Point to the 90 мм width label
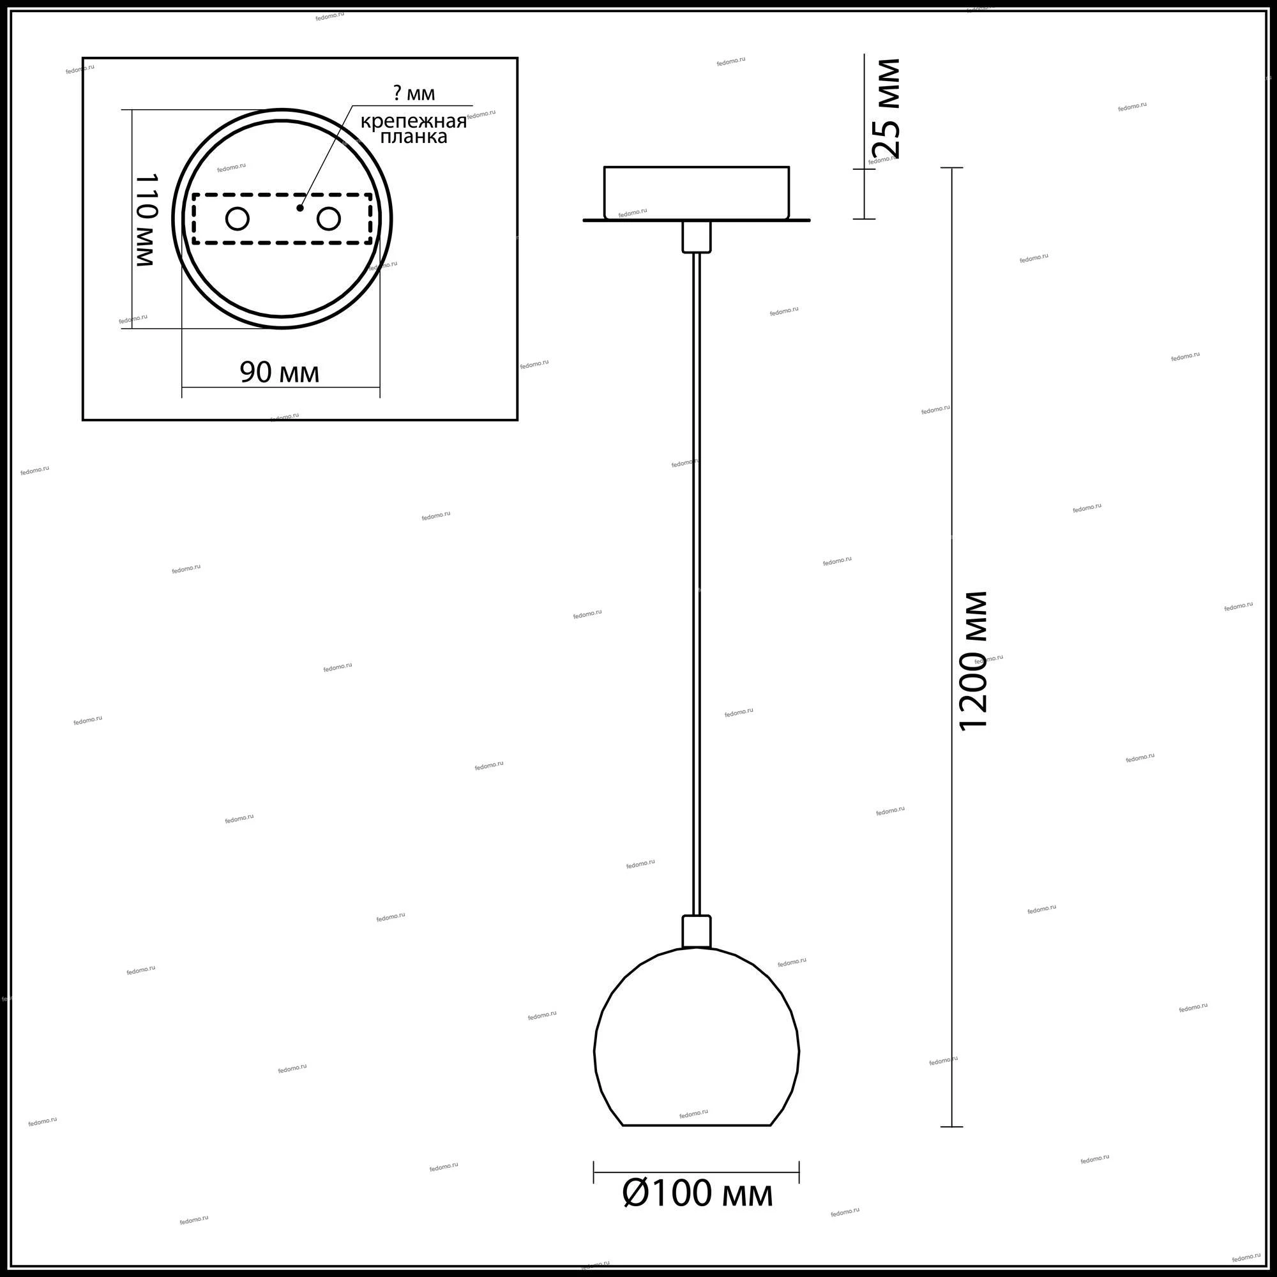click(280, 373)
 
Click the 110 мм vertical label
click(146, 221)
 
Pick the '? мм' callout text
click(414, 93)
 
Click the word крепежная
click(414, 121)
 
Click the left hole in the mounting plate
click(238, 219)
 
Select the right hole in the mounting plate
click(328, 219)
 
